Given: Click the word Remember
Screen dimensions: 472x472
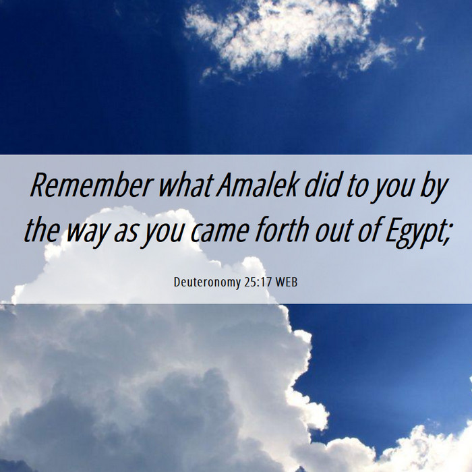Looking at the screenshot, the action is tap(90, 185).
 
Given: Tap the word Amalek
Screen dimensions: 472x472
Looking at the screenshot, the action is tap(258, 185).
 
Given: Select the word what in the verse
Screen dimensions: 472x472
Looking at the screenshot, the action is tap(186, 185).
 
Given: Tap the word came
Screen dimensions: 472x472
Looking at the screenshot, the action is tap(220, 233).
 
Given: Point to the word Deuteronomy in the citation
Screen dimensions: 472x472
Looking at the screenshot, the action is tap(207, 283).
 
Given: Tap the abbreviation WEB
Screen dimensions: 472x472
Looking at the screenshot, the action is tap(287, 283).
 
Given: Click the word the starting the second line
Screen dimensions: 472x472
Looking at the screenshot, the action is tap(41, 230).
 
